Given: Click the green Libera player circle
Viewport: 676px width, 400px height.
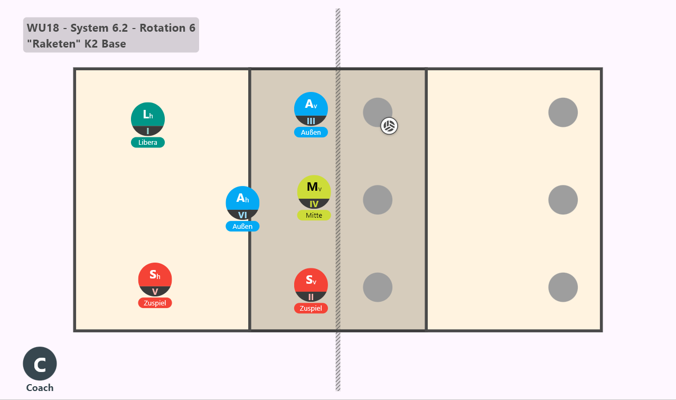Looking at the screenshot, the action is coord(148,119).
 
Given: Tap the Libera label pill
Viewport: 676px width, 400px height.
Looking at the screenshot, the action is coord(148,143).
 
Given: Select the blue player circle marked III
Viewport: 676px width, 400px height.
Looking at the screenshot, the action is coord(311,109).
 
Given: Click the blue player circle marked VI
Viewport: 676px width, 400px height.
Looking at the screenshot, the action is coord(242,203).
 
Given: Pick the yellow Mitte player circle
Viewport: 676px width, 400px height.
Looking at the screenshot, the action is coord(314,192).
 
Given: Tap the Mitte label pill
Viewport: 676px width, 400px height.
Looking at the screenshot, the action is coord(314,215).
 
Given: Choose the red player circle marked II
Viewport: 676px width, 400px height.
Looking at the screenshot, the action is coord(311,285).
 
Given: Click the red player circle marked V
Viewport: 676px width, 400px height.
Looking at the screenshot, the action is coord(155,280).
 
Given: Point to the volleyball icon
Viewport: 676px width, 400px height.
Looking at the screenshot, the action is coord(389,126).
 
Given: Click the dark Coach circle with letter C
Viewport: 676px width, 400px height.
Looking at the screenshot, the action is coord(40,364).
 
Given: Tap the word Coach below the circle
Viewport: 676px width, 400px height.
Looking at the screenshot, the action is coord(40,388).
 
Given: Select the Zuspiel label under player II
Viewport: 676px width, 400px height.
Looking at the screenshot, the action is coord(311,308).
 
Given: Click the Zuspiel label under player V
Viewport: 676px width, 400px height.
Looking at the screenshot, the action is coord(155,303).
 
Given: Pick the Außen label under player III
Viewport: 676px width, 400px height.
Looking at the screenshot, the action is coord(311,132).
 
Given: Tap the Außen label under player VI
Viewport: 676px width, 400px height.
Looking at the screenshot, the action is coord(242,226).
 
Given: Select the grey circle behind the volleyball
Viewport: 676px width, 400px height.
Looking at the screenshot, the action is coord(378,113).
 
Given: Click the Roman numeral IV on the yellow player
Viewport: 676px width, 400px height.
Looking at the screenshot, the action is coord(314,204).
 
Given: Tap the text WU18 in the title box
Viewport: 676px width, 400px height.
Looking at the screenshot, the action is coord(43,28).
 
